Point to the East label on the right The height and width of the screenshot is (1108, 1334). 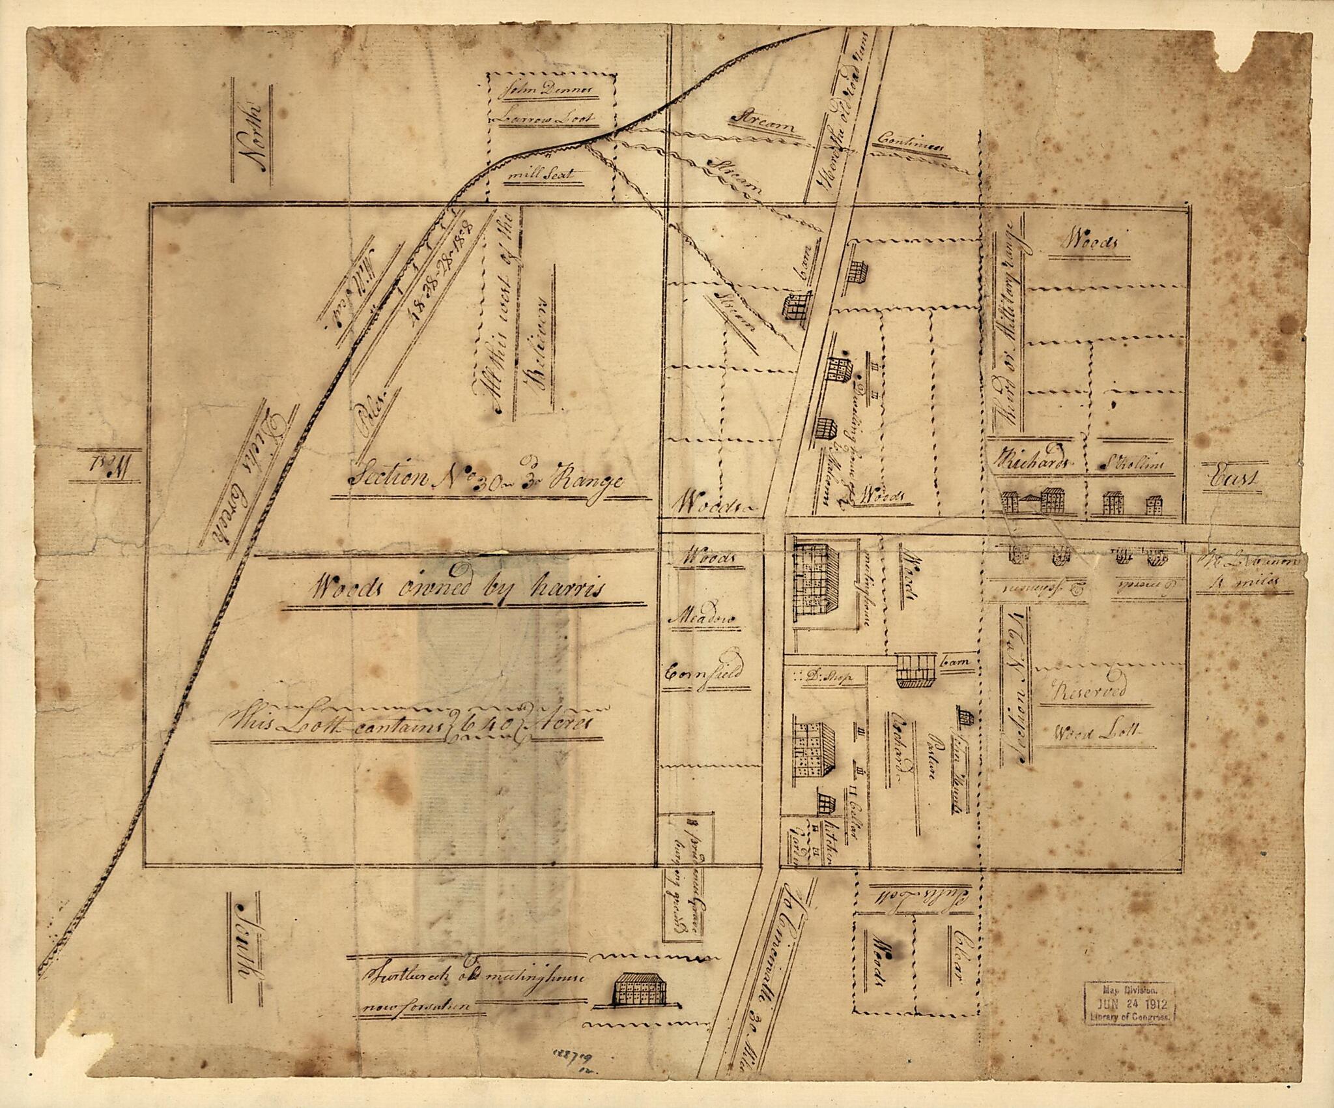coord(1233,479)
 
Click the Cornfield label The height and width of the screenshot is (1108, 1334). coord(703,673)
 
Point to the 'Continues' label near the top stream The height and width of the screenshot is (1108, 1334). coord(910,141)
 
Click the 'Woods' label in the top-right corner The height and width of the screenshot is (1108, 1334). coord(1090,242)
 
